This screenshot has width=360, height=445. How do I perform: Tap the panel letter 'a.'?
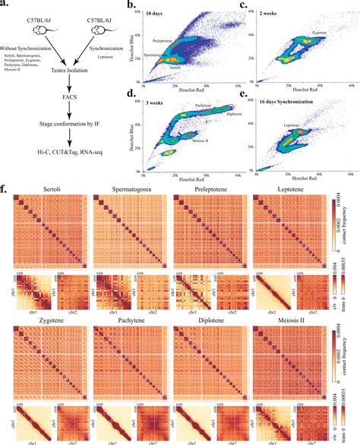point(6,6)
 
